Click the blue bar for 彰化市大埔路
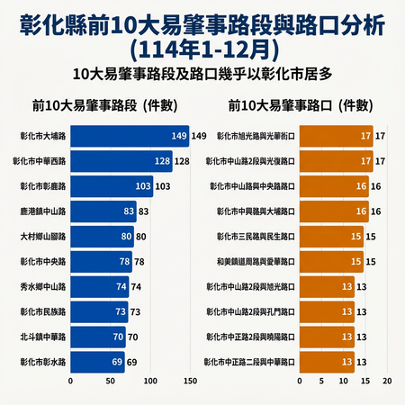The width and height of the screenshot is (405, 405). (129, 136)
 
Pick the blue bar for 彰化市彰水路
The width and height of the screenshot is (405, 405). (97, 362)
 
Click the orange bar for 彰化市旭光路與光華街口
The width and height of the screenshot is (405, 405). (336, 136)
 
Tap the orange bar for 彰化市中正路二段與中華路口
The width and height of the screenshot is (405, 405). (327, 362)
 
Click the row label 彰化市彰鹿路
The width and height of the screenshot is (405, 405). (42, 186)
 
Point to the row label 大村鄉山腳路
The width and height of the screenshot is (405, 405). (42, 237)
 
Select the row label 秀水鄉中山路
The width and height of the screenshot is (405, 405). (42, 287)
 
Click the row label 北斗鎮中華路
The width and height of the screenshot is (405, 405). (42, 337)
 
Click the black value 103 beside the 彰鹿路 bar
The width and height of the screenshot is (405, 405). (163, 186)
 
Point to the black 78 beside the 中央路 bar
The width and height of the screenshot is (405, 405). (139, 262)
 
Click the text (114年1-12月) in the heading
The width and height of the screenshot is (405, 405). (202, 44)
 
